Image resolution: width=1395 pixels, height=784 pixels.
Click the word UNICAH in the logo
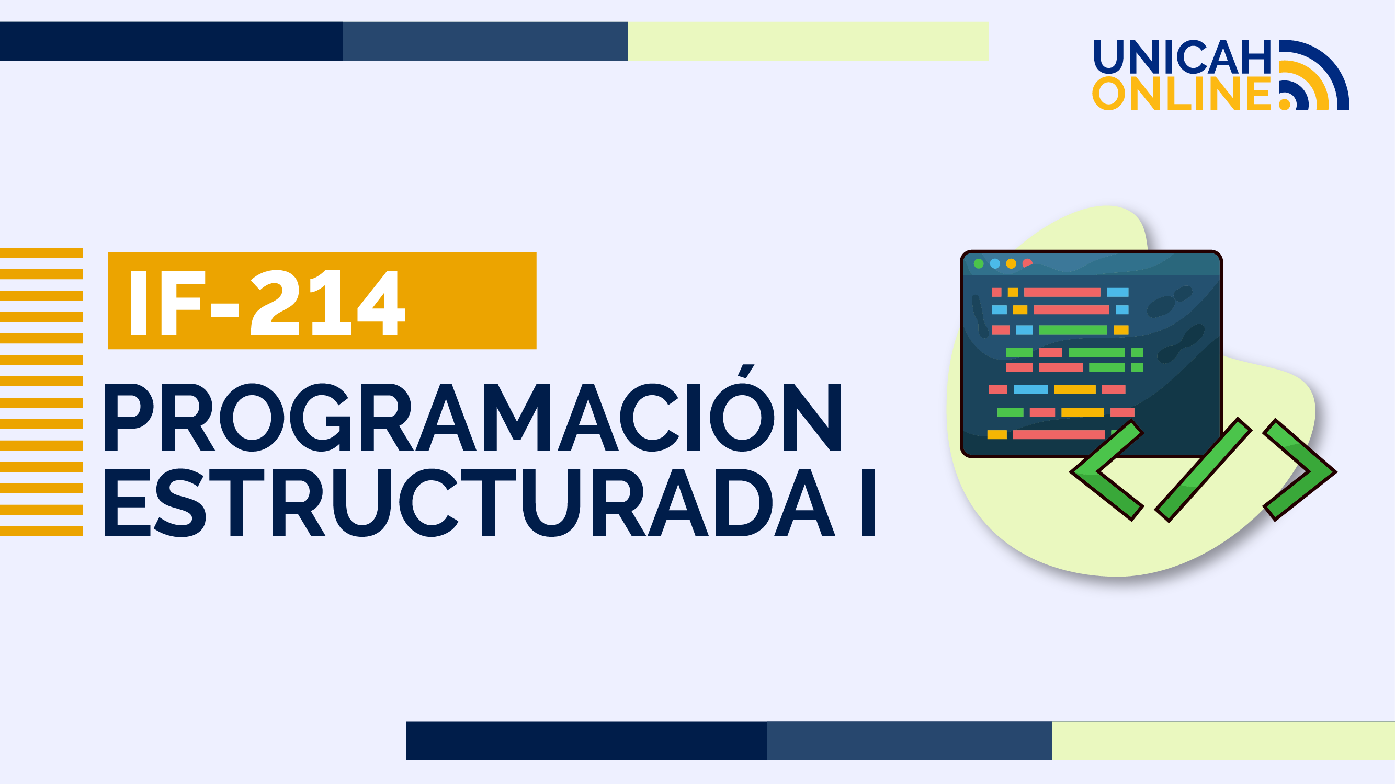click(x=1182, y=57)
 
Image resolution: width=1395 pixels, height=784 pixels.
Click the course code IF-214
click(x=267, y=302)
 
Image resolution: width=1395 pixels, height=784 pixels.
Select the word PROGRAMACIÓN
click(x=472, y=418)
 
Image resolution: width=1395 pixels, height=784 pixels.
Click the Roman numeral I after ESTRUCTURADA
click(x=869, y=503)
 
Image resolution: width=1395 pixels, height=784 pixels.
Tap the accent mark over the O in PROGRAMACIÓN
click(x=746, y=371)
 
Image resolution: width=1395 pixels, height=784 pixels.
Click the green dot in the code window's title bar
click(x=979, y=263)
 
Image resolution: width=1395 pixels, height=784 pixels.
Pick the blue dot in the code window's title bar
click(x=995, y=263)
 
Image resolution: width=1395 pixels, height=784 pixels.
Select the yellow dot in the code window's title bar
click(x=1011, y=263)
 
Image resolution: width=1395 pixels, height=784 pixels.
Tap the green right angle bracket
click(x=1300, y=470)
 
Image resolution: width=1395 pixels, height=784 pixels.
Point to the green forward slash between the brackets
click(x=1203, y=470)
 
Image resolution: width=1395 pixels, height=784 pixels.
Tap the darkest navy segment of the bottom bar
click(x=586, y=741)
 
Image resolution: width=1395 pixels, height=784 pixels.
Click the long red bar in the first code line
click(x=1062, y=293)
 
